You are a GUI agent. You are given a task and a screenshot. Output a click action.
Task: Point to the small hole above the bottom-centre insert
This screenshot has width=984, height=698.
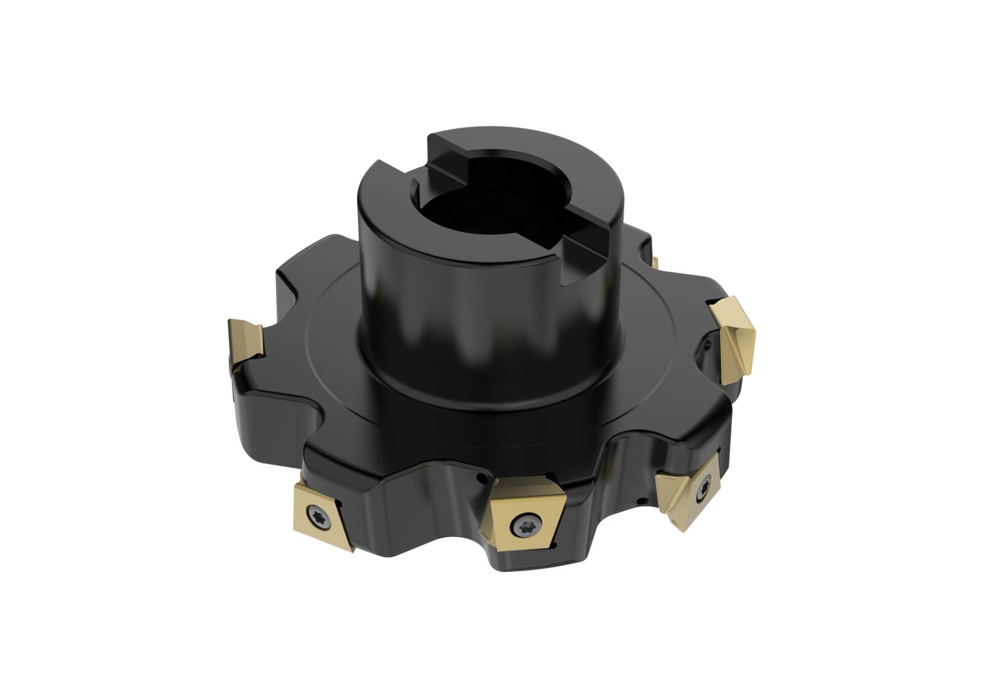point(479,478)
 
